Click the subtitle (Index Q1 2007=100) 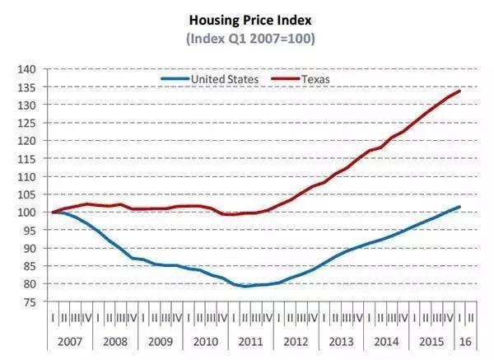pos(247,38)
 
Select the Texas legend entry pos(317,78)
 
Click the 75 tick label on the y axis pos(29,302)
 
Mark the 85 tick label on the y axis pos(29,266)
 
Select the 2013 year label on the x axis pos(343,340)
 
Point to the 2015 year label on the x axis pos(431,340)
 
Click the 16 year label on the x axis pos(465,340)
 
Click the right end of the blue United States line pos(459,207)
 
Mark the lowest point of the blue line pos(245,286)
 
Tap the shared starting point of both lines pos(54,213)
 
